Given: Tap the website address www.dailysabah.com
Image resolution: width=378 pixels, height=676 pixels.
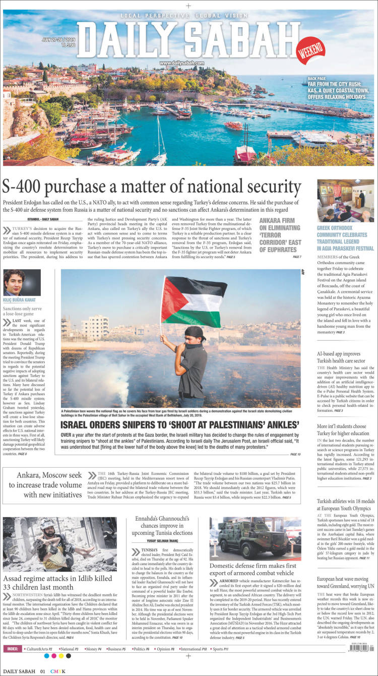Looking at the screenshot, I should point(182,63).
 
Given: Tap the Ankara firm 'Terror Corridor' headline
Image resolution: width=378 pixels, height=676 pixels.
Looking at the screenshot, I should point(280,235).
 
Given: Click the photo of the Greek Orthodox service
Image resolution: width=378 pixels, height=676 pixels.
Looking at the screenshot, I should point(345,200).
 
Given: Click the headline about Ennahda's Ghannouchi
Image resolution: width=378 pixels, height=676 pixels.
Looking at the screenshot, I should point(164,525).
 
